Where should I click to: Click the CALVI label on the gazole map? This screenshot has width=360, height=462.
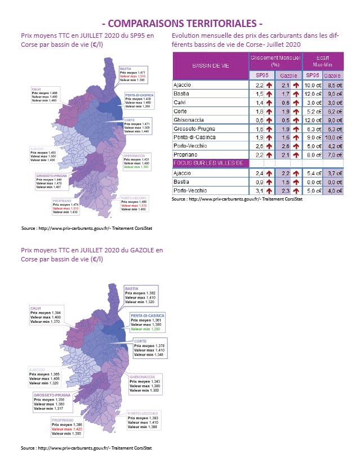coord(36,308)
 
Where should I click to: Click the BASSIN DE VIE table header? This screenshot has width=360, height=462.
coord(210,66)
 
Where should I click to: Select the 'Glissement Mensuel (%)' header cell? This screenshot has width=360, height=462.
coord(275,60)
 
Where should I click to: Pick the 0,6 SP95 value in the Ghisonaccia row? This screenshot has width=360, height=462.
coord(259,120)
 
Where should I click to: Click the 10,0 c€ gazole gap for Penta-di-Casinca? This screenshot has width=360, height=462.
coord(333,137)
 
